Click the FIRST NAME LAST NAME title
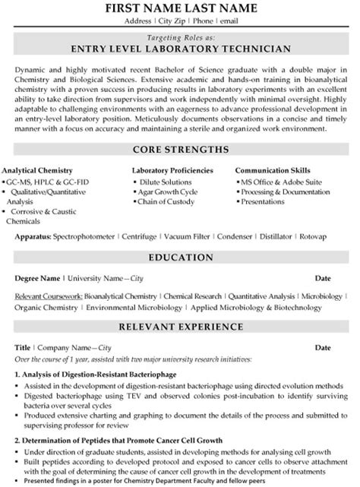180,9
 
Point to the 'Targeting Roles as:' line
180,36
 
